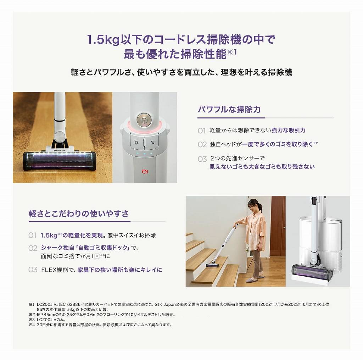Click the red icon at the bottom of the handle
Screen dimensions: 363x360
pos(145,172)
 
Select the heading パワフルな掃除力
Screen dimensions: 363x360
pos(229,109)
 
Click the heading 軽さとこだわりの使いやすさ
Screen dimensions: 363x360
pos(79,214)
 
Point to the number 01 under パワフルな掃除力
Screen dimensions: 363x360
pos(202,131)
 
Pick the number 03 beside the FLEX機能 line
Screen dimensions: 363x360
pos(33,270)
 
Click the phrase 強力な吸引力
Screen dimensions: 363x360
pos(288,130)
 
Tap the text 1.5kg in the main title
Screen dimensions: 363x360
pos(103,39)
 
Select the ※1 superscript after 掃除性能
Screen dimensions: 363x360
pos(232,52)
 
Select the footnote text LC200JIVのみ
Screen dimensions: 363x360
pos(51,320)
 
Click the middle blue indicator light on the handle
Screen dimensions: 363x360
pos(144,153)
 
